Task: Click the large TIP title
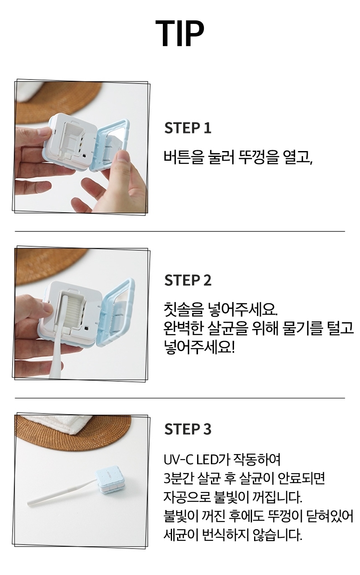click(x=180, y=33)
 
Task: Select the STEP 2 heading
click(x=188, y=280)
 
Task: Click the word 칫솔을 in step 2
click(x=181, y=310)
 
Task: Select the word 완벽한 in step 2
click(x=181, y=329)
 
